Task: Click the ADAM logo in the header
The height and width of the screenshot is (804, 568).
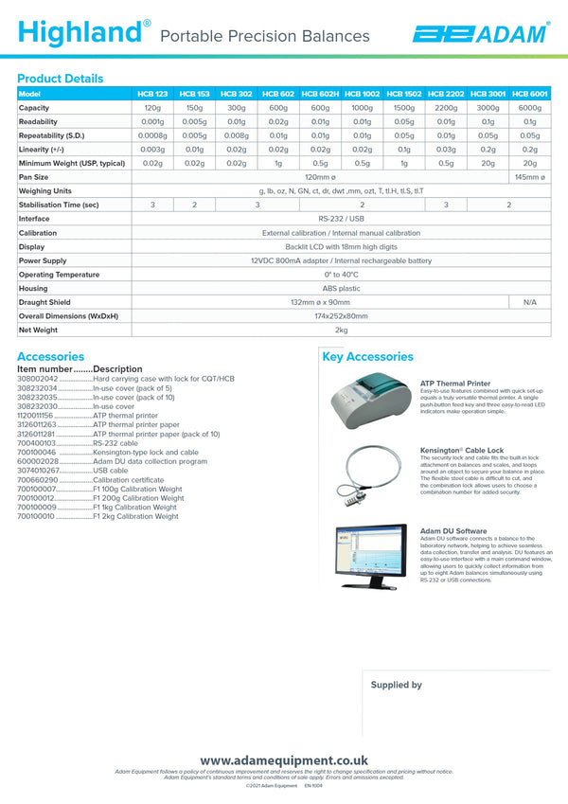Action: [480, 34]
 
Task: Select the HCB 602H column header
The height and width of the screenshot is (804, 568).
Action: [320, 94]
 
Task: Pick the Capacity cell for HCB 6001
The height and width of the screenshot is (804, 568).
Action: [529, 108]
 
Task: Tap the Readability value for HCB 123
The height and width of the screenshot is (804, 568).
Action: [152, 121]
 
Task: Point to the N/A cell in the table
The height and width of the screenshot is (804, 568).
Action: [529, 302]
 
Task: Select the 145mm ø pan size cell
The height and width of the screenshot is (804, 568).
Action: [529, 177]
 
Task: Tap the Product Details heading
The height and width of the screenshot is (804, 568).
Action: [60, 79]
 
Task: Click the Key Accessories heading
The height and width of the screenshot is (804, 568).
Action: [367, 357]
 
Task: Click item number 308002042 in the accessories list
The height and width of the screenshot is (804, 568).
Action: [37, 379]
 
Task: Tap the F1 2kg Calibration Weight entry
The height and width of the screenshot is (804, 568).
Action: [134, 516]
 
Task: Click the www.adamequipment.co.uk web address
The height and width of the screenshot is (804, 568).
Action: [283, 760]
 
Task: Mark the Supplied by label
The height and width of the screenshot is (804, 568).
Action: [396, 685]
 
